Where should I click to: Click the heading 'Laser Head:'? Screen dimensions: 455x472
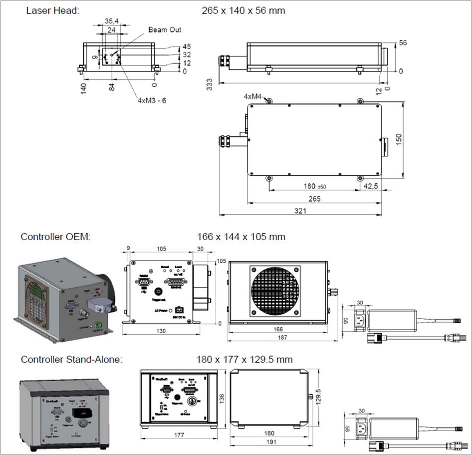click(x=52, y=10)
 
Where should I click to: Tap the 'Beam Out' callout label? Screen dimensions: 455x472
click(x=165, y=30)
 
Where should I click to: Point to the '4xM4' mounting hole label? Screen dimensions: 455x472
click(x=252, y=96)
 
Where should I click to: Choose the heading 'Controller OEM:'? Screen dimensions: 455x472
click(x=55, y=237)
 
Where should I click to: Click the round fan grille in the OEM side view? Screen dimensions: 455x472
click(x=277, y=292)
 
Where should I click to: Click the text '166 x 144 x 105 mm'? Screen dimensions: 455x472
click(x=241, y=237)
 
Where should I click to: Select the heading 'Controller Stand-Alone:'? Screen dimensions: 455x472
click(x=71, y=359)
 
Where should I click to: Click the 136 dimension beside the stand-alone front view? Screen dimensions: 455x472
click(x=222, y=398)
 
